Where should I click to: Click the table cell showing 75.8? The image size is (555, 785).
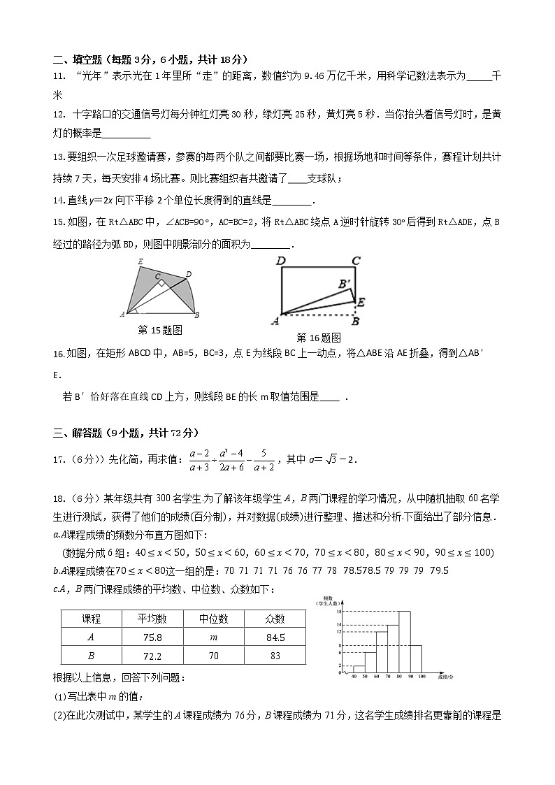point(152,637)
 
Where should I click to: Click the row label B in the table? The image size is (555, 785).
point(91,656)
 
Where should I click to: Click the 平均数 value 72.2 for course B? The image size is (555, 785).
point(152,656)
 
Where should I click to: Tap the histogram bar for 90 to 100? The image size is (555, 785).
point(416,658)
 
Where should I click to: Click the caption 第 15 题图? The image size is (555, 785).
point(160,329)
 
